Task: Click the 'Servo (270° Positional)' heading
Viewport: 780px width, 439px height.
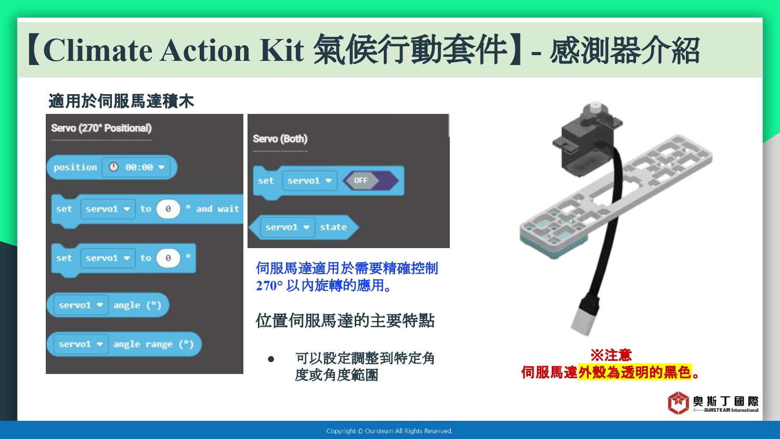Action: click(101, 128)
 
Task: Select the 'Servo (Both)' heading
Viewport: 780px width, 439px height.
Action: click(280, 139)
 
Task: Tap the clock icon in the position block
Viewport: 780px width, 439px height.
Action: click(113, 167)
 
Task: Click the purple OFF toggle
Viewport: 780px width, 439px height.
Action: click(370, 180)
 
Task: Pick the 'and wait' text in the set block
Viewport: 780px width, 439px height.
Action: click(218, 209)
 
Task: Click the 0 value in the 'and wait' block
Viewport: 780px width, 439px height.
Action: click(168, 209)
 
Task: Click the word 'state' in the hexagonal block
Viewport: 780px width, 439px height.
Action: click(333, 227)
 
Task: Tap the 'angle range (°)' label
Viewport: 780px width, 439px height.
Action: click(153, 344)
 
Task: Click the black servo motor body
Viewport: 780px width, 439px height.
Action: click(585, 146)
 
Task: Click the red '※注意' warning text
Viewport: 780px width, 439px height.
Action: click(611, 355)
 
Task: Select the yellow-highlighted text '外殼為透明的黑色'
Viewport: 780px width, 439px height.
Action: click(635, 372)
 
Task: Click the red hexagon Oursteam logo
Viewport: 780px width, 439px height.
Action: click(678, 403)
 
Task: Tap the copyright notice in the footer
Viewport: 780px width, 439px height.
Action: click(389, 431)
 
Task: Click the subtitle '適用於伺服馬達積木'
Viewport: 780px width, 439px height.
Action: click(121, 101)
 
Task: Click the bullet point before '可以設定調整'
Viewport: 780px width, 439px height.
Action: click(271, 359)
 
